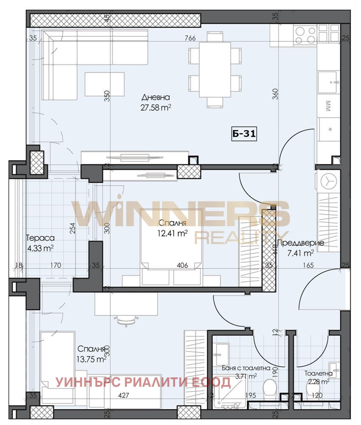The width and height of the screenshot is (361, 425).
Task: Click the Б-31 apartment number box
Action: [244, 134]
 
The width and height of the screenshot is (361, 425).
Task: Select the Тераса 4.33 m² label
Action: [39, 243]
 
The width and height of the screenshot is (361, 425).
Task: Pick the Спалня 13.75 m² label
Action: [91, 354]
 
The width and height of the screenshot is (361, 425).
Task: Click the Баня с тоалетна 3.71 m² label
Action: [240, 372]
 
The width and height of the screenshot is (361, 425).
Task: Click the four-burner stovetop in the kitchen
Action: [306, 35]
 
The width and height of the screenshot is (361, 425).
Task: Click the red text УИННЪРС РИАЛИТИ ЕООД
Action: [143, 382]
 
